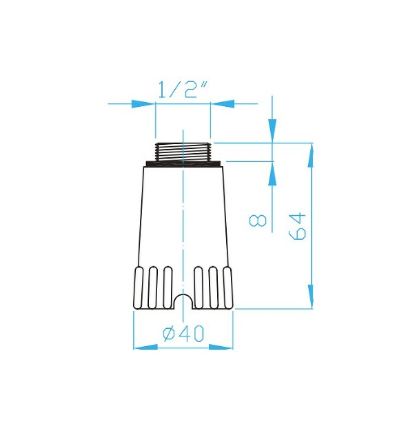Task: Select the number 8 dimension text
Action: click(258, 221)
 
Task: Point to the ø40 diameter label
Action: click(183, 334)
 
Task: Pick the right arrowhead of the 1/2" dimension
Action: click(222, 104)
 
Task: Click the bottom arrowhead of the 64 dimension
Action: click(312, 298)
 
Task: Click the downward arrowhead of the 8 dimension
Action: click(272, 129)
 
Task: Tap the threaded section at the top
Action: click(183, 151)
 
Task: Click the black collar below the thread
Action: click(183, 163)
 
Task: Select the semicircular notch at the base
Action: click(183, 303)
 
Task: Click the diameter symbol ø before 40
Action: click(168, 334)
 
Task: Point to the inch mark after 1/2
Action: click(205, 88)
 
